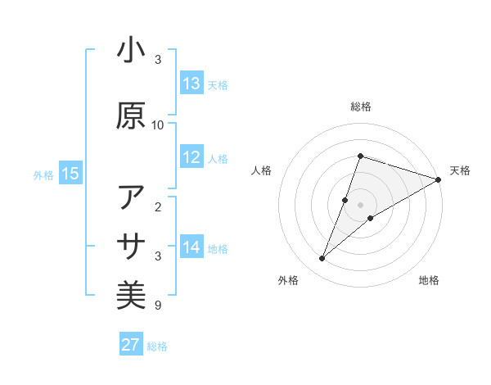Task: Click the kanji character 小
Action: point(131,51)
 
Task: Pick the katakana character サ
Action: point(131,247)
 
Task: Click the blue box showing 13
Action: point(191,84)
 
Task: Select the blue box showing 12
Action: point(191,158)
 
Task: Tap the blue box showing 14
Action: point(191,247)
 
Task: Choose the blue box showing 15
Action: point(70,174)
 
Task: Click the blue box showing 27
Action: point(131,345)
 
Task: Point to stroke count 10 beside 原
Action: point(158,125)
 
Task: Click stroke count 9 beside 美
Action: point(158,306)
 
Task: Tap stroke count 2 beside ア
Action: point(158,206)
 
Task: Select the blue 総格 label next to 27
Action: point(157,346)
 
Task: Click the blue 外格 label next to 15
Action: point(43,174)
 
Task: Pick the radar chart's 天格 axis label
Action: point(460,170)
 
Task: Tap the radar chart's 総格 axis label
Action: point(360,106)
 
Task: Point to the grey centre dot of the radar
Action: point(360,205)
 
